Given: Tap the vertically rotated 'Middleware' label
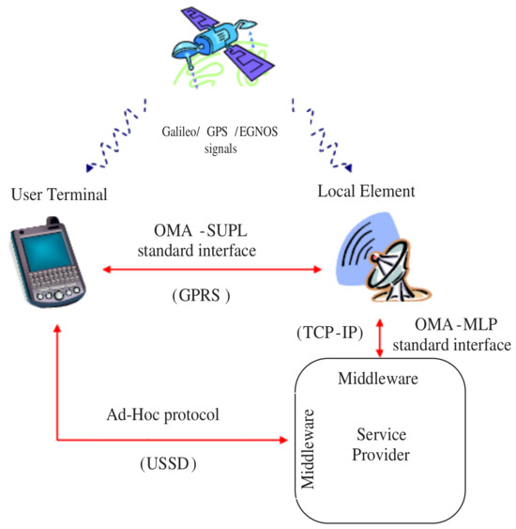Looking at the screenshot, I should tap(308, 448).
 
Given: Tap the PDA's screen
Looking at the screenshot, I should tap(42, 254).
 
